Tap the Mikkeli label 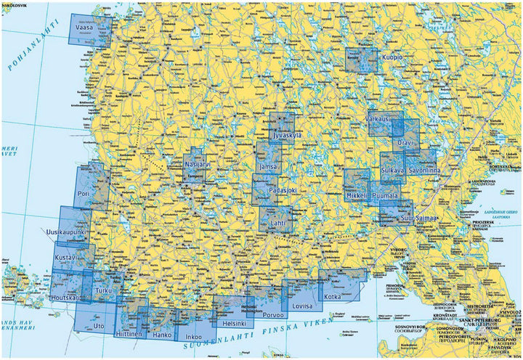pos(357,196)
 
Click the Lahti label pos(278,224)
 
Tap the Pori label pos(83,194)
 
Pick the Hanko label pos(161,335)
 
